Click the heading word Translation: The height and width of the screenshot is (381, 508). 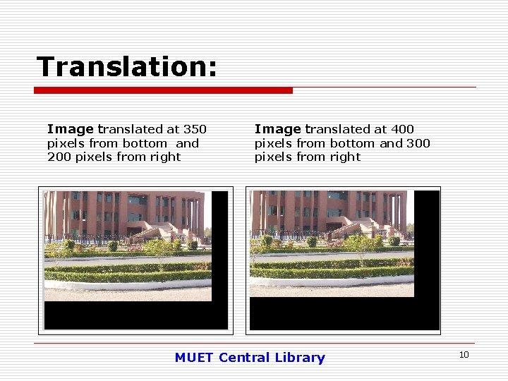click(126, 67)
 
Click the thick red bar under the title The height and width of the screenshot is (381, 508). click(163, 90)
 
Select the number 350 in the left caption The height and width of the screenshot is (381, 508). click(195, 129)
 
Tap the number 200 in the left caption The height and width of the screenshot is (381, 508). click(59, 157)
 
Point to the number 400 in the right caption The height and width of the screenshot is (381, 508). click(402, 129)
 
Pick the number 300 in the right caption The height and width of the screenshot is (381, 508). click(418, 143)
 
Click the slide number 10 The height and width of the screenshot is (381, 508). click(464, 354)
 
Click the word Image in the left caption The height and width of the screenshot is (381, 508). click(70, 129)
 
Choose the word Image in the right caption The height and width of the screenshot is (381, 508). click(277, 129)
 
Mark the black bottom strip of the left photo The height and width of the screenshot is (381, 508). click(134, 315)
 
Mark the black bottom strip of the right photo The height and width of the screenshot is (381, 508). click(342, 314)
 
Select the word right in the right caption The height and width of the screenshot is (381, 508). click(345, 157)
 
